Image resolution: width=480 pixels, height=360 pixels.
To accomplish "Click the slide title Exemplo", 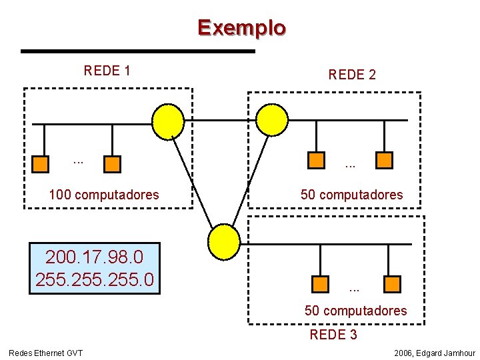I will click(241, 28).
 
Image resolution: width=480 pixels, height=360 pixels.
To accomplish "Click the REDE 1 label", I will click(107, 71).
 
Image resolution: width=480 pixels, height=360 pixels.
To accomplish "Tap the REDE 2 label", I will click(352, 75).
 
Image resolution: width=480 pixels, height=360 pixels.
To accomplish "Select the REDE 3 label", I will click(333, 335).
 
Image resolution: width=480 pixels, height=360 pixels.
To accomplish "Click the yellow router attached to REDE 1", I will click(167, 121).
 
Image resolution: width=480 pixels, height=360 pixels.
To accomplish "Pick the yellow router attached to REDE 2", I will click(273, 119).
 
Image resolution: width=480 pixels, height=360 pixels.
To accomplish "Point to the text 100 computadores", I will click(104, 195).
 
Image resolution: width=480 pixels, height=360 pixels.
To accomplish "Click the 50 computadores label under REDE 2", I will click(351, 195).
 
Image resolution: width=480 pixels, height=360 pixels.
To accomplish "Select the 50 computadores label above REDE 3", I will click(355, 311).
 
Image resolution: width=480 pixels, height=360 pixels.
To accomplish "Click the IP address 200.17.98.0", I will click(94, 257).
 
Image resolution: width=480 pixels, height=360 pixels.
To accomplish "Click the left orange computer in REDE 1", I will click(42, 163).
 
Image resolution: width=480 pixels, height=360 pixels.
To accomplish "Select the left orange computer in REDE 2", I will click(316, 159).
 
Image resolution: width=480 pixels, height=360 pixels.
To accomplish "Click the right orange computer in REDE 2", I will click(385, 159).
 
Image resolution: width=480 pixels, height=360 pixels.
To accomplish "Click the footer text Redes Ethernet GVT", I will click(45, 353).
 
